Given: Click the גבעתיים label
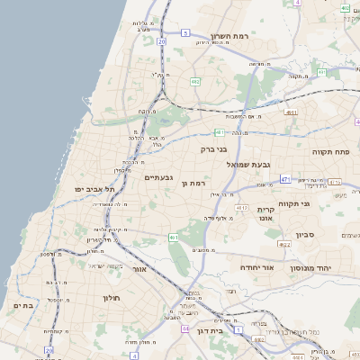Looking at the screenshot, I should [165, 178].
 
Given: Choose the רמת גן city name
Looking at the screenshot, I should [195, 184].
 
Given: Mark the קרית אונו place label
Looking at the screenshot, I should [265, 213].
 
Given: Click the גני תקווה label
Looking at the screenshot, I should [319, 203].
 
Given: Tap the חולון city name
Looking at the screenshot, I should [111, 297].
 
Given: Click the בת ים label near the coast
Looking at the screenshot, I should [23, 306].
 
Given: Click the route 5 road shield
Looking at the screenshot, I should [185, 32].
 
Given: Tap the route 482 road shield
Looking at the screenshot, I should [194, 81].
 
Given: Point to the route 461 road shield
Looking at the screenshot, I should [174, 238].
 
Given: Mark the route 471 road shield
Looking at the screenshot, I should [285, 179].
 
